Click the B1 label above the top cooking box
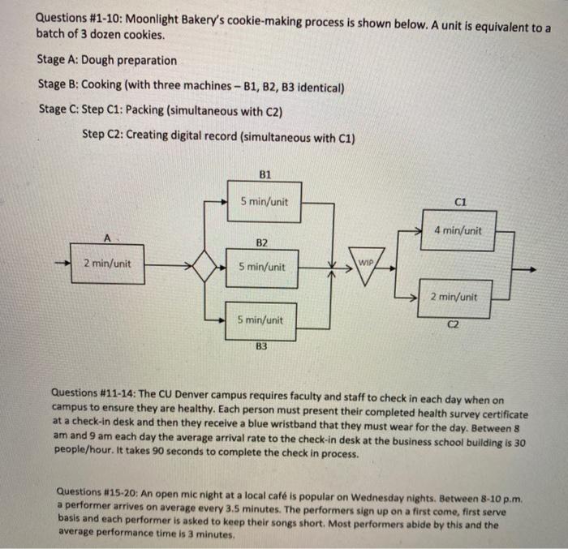point(265,174)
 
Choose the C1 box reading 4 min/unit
point(458,230)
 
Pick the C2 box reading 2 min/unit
point(454,298)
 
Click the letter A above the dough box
point(106,238)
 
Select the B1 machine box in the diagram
point(263,202)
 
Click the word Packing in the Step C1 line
point(140,109)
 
